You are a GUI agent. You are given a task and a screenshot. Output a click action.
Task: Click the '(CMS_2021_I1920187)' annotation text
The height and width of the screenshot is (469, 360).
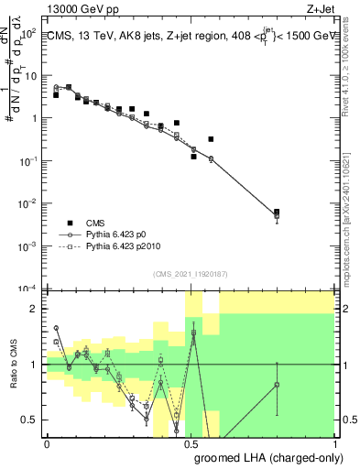tap(190, 273)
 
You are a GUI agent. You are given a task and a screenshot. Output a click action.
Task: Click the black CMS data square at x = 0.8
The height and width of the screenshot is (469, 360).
tap(277, 212)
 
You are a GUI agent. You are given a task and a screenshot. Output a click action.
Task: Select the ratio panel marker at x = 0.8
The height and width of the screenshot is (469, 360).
tap(277, 385)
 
